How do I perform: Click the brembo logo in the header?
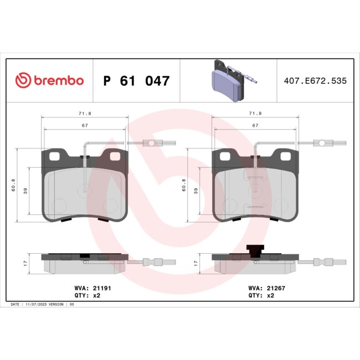(x=49, y=81)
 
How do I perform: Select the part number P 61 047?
(x=136, y=81)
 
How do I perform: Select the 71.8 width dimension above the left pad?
(x=85, y=113)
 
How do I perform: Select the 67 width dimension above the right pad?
(x=255, y=126)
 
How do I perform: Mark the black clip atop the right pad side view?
(x=254, y=251)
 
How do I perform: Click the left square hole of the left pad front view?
(x=55, y=157)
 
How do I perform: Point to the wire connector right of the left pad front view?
(x=151, y=143)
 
